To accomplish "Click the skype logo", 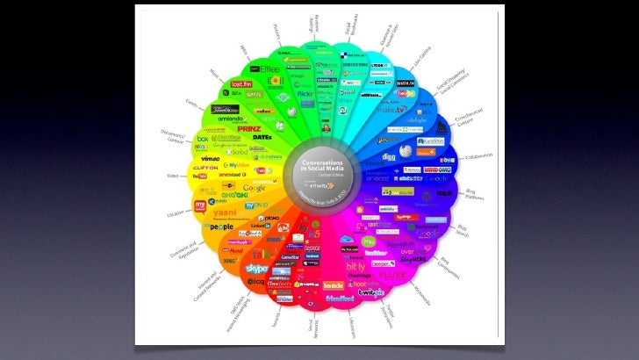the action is (x=257, y=268).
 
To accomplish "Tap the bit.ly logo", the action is (x=355, y=266).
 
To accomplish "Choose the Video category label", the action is (x=162, y=176).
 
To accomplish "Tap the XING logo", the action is (x=231, y=261).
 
